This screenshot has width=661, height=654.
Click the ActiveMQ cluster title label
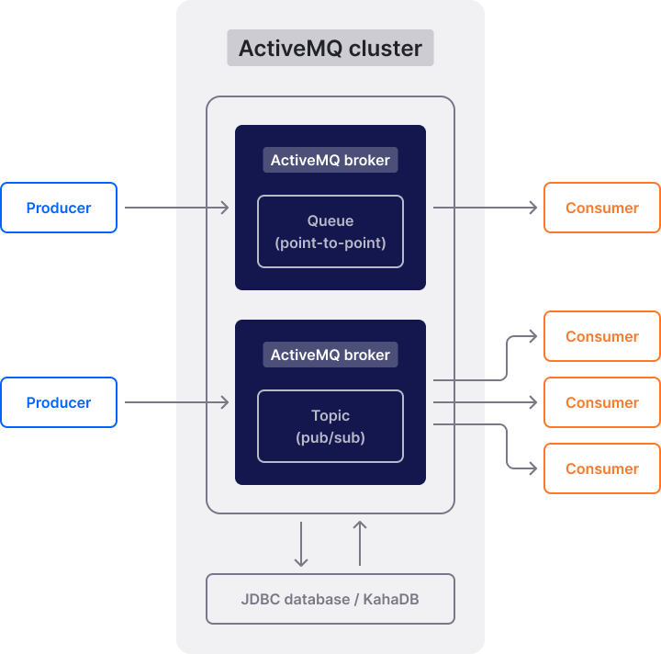tap(330, 48)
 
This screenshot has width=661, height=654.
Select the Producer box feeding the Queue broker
tap(59, 208)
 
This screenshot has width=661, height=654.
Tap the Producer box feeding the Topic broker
tap(59, 402)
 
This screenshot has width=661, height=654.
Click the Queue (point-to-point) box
tap(330, 231)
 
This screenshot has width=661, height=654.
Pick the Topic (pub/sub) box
tap(330, 426)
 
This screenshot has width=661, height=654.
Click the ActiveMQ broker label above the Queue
tap(330, 160)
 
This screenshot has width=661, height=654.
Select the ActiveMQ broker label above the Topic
tap(330, 355)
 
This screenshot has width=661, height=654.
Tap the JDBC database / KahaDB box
tap(330, 599)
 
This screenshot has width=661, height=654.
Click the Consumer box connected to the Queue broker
tap(601, 208)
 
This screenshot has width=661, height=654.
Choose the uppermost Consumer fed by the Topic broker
tap(601, 336)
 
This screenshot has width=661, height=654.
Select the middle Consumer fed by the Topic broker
tap(601, 402)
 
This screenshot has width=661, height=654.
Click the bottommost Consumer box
tap(601, 468)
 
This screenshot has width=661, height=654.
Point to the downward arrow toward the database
tap(301, 544)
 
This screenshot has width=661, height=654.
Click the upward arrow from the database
tap(360, 544)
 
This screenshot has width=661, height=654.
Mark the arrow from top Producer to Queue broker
tap(176, 208)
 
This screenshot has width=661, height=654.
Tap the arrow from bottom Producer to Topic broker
tap(176, 402)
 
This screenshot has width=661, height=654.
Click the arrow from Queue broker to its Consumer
tap(485, 208)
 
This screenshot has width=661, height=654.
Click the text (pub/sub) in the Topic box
tap(330, 437)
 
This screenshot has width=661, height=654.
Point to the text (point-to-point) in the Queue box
tap(330, 243)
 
